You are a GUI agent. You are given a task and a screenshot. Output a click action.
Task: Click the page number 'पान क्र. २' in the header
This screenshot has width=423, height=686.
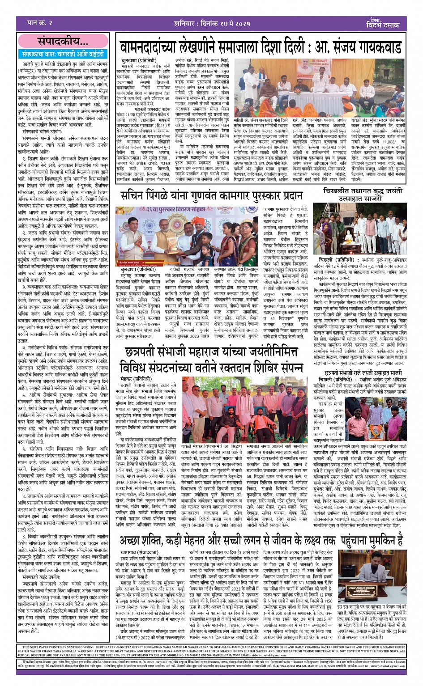click(x=40, y=22)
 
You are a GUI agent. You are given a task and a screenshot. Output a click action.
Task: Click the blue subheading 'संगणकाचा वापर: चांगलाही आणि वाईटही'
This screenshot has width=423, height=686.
click(x=63, y=54)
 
